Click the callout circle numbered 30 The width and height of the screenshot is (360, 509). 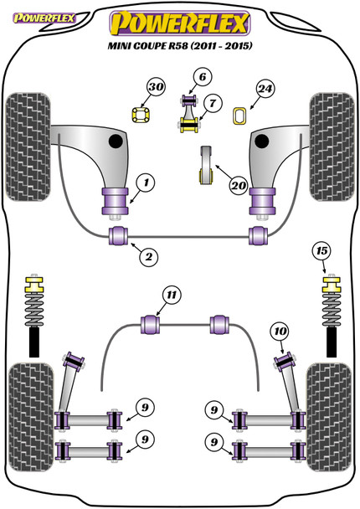(x=156, y=87)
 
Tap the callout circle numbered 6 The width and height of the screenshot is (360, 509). (x=203, y=77)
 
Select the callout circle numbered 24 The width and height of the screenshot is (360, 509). (x=265, y=88)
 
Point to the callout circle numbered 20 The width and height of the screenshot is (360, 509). (x=239, y=185)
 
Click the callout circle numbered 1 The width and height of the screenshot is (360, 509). (x=146, y=183)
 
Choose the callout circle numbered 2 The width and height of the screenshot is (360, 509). (x=149, y=257)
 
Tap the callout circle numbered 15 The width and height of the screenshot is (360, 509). (x=321, y=250)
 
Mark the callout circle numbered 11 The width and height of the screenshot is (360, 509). (x=172, y=295)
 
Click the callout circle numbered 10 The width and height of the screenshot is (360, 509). (x=280, y=332)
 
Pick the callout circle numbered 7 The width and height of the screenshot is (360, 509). (x=213, y=103)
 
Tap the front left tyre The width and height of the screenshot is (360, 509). (x=28, y=147)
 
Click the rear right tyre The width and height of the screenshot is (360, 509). (x=329, y=417)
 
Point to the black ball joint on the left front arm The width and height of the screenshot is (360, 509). (x=116, y=141)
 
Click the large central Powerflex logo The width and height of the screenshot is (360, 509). (x=180, y=23)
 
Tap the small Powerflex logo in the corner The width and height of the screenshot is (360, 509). (x=44, y=18)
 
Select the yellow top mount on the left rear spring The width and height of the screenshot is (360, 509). (x=34, y=284)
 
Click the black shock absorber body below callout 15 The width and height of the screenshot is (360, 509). (x=332, y=342)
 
